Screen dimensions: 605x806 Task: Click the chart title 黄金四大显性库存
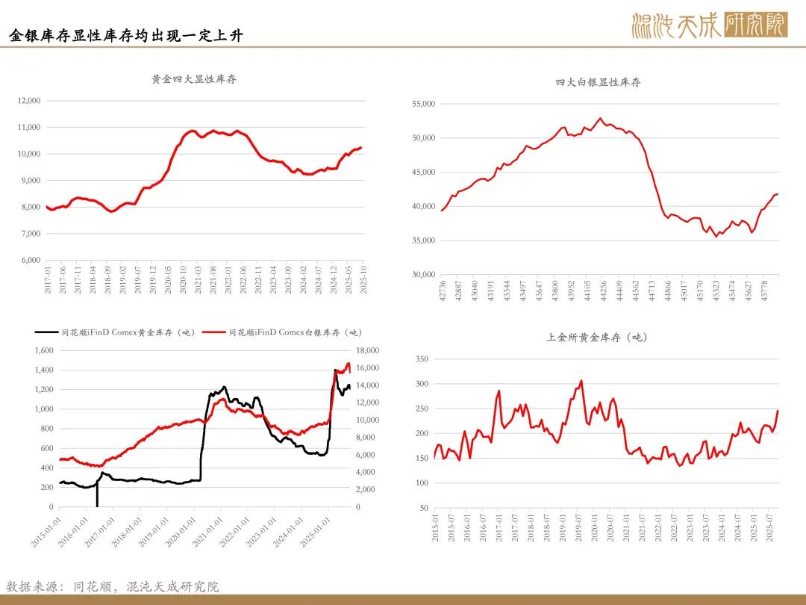193,78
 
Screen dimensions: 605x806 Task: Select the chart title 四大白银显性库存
598,82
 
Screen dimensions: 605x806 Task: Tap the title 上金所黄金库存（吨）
598,338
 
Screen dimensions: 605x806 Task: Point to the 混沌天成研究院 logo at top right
709,25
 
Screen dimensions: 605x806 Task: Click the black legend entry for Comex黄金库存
116,332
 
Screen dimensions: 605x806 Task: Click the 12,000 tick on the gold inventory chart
28,101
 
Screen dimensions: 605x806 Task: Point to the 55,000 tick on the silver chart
422,104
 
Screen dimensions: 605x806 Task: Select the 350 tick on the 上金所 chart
421,359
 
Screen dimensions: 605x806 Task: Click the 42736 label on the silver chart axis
442,291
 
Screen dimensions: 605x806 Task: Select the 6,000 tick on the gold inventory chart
30,261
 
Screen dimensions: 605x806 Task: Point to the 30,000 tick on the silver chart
422,275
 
